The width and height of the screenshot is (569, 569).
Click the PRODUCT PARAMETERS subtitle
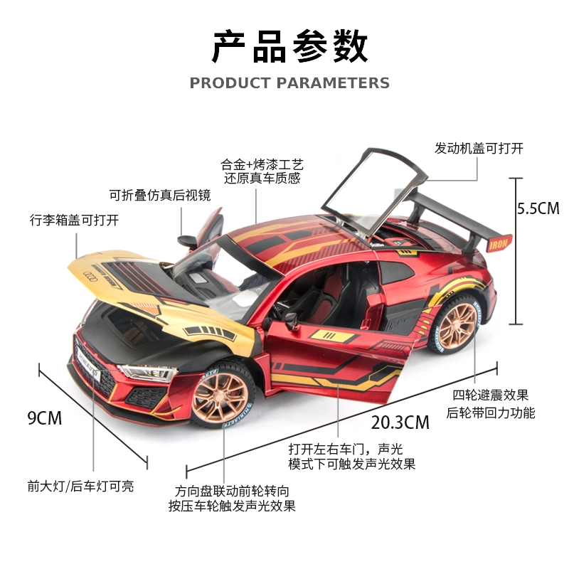[x=289, y=83]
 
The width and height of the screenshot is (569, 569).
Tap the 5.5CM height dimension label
[x=538, y=208]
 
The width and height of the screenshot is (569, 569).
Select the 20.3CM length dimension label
[x=400, y=422]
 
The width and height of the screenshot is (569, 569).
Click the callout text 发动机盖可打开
[x=479, y=149]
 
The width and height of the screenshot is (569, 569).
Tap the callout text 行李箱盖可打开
[x=75, y=220]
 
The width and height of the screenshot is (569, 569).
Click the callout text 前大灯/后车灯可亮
[x=80, y=486]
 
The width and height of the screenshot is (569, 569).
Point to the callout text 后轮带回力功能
[x=490, y=413]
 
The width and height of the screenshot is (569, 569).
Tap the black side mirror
[x=186, y=241]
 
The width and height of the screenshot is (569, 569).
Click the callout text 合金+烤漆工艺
[x=262, y=165]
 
